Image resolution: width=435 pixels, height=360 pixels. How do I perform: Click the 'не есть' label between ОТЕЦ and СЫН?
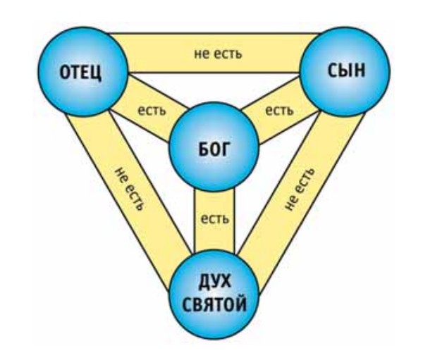point(216,54)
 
